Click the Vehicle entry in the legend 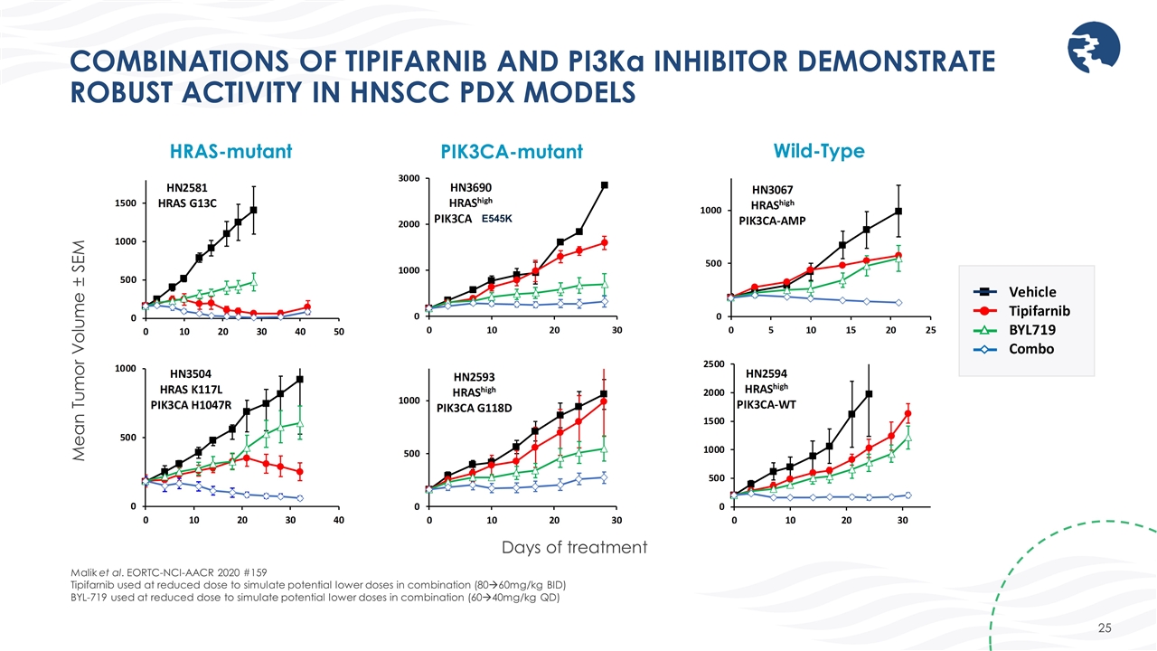1031,291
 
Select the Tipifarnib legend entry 1039,310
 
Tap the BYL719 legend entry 1031,329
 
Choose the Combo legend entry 1030,348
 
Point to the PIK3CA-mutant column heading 511,153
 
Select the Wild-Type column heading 818,150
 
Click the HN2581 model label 188,187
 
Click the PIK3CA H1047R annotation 191,404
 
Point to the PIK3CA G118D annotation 475,408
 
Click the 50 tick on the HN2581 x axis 339,332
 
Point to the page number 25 1105,627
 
